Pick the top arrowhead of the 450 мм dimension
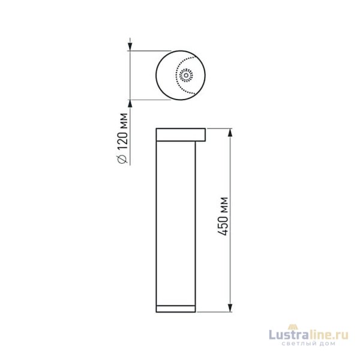pos(231,132)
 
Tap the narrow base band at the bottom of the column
pos(175,308)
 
